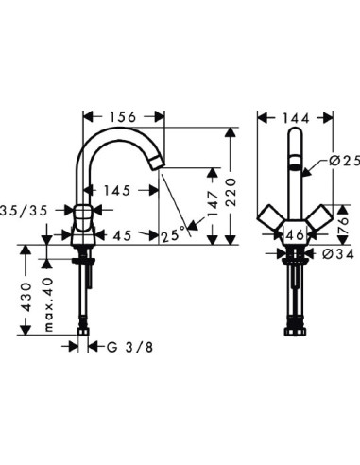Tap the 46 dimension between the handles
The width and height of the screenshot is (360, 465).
point(295,235)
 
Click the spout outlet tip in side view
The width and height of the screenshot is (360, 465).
point(159,165)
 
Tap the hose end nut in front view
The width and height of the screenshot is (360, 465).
point(295,331)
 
